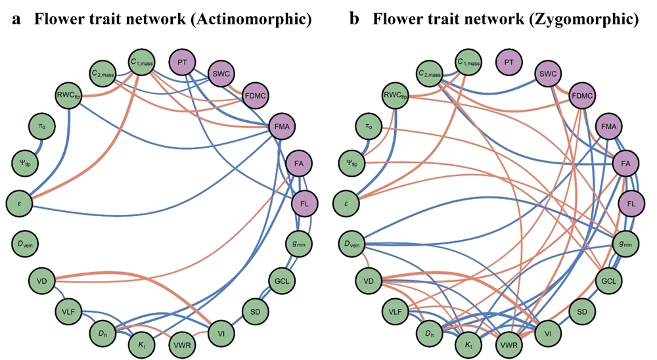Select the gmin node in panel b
(x=627, y=244)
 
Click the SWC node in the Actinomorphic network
(x=221, y=73)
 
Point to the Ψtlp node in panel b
(x=352, y=160)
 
